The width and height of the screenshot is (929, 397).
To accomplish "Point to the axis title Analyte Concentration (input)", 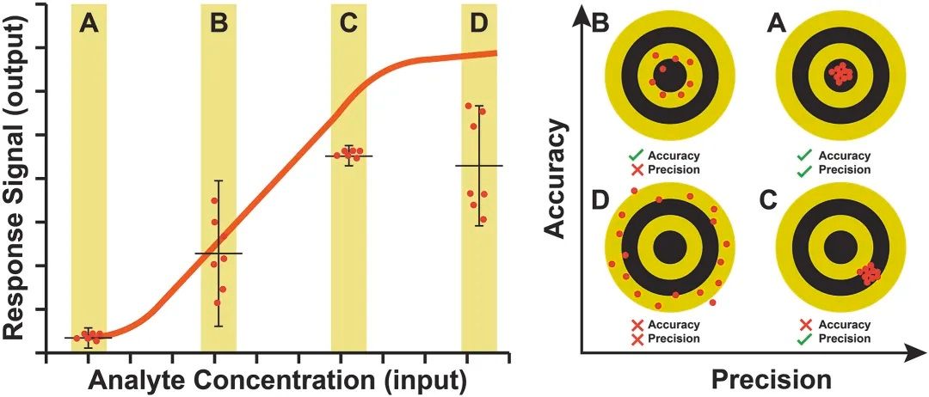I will [277, 379].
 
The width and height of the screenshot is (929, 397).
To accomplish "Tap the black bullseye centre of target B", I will [667, 76].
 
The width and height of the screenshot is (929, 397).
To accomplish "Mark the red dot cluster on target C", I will [871, 274].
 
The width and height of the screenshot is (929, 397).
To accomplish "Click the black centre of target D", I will [667, 249].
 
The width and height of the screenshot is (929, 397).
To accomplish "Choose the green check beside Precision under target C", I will [806, 339].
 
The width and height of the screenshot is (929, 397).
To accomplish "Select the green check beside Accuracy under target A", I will [806, 156].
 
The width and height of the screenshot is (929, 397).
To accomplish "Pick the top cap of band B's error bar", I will [218, 180].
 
